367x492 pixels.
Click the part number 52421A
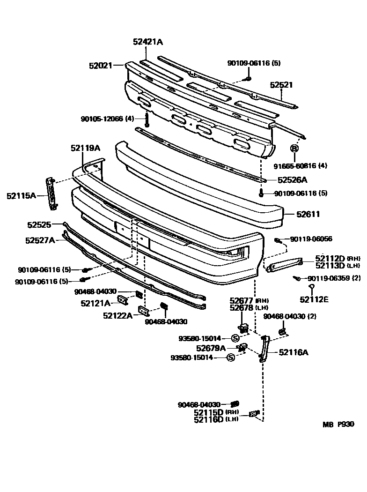(148, 42)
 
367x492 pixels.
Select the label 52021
(101, 66)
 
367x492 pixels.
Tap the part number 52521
(281, 85)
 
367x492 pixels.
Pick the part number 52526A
(292, 179)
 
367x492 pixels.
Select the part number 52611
(308, 214)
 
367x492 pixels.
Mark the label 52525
(39, 225)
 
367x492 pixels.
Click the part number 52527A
(40, 240)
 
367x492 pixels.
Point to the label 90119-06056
(311, 239)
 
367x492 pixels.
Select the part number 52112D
(330, 258)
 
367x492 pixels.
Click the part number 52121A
(95, 303)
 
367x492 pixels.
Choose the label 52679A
(211, 348)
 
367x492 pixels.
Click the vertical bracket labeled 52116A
(264, 349)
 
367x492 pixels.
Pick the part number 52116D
(209, 419)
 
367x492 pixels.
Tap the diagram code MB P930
(338, 425)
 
